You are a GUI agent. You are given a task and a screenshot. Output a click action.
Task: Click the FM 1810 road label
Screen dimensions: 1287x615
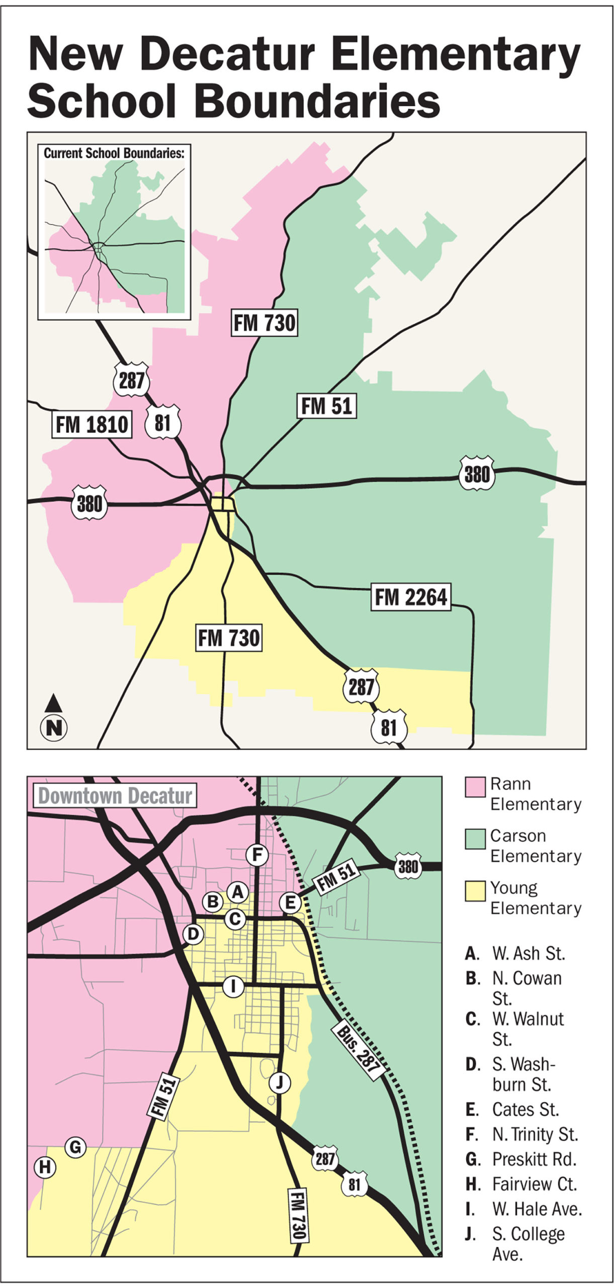tap(92, 425)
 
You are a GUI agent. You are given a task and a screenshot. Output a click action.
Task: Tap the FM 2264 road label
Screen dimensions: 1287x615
tap(410, 597)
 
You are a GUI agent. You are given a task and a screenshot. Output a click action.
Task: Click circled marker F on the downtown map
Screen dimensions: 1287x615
tap(257, 855)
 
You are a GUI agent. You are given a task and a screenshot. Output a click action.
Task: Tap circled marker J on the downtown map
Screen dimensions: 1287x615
tap(280, 1082)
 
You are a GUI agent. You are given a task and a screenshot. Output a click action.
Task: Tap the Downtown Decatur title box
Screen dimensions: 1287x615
tap(115, 796)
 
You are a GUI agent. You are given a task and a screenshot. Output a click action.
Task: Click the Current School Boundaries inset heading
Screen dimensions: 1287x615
tap(114, 153)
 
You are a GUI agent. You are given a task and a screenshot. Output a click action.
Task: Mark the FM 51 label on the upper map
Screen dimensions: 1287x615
tap(326, 406)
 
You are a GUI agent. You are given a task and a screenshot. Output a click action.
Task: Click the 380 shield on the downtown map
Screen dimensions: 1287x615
tap(407, 866)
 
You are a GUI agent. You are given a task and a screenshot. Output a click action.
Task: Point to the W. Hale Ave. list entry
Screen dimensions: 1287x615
tap(536, 1209)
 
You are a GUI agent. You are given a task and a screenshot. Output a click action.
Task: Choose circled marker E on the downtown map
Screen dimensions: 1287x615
tap(290, 903)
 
